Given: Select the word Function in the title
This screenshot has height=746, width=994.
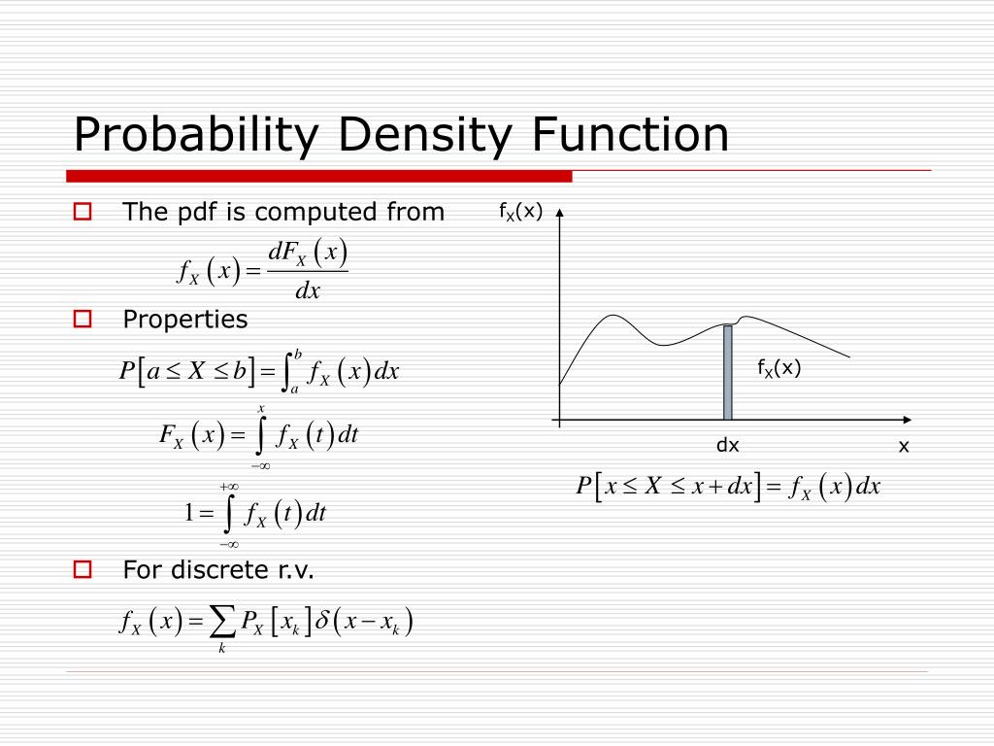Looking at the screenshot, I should tap(632, 134).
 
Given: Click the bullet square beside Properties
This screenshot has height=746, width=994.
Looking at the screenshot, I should tap(83, 319).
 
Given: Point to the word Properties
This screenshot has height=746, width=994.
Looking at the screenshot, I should tap(184, 320).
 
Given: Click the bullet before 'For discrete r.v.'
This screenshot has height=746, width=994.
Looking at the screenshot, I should tap(83, 570).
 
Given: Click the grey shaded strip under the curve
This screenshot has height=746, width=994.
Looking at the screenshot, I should tap(728, 373).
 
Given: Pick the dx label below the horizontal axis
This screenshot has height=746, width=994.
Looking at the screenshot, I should tap(728, 446).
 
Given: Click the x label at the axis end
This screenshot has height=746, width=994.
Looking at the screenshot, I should tap(904, 446).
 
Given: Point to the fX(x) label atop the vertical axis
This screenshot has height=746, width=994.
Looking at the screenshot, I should tap(520, 212).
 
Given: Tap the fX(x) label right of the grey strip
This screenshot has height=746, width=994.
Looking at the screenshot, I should tap(779, 367).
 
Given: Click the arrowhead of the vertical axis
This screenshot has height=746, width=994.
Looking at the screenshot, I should tap(559, 214).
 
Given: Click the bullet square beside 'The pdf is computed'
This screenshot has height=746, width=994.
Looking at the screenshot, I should tap(83, 212).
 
